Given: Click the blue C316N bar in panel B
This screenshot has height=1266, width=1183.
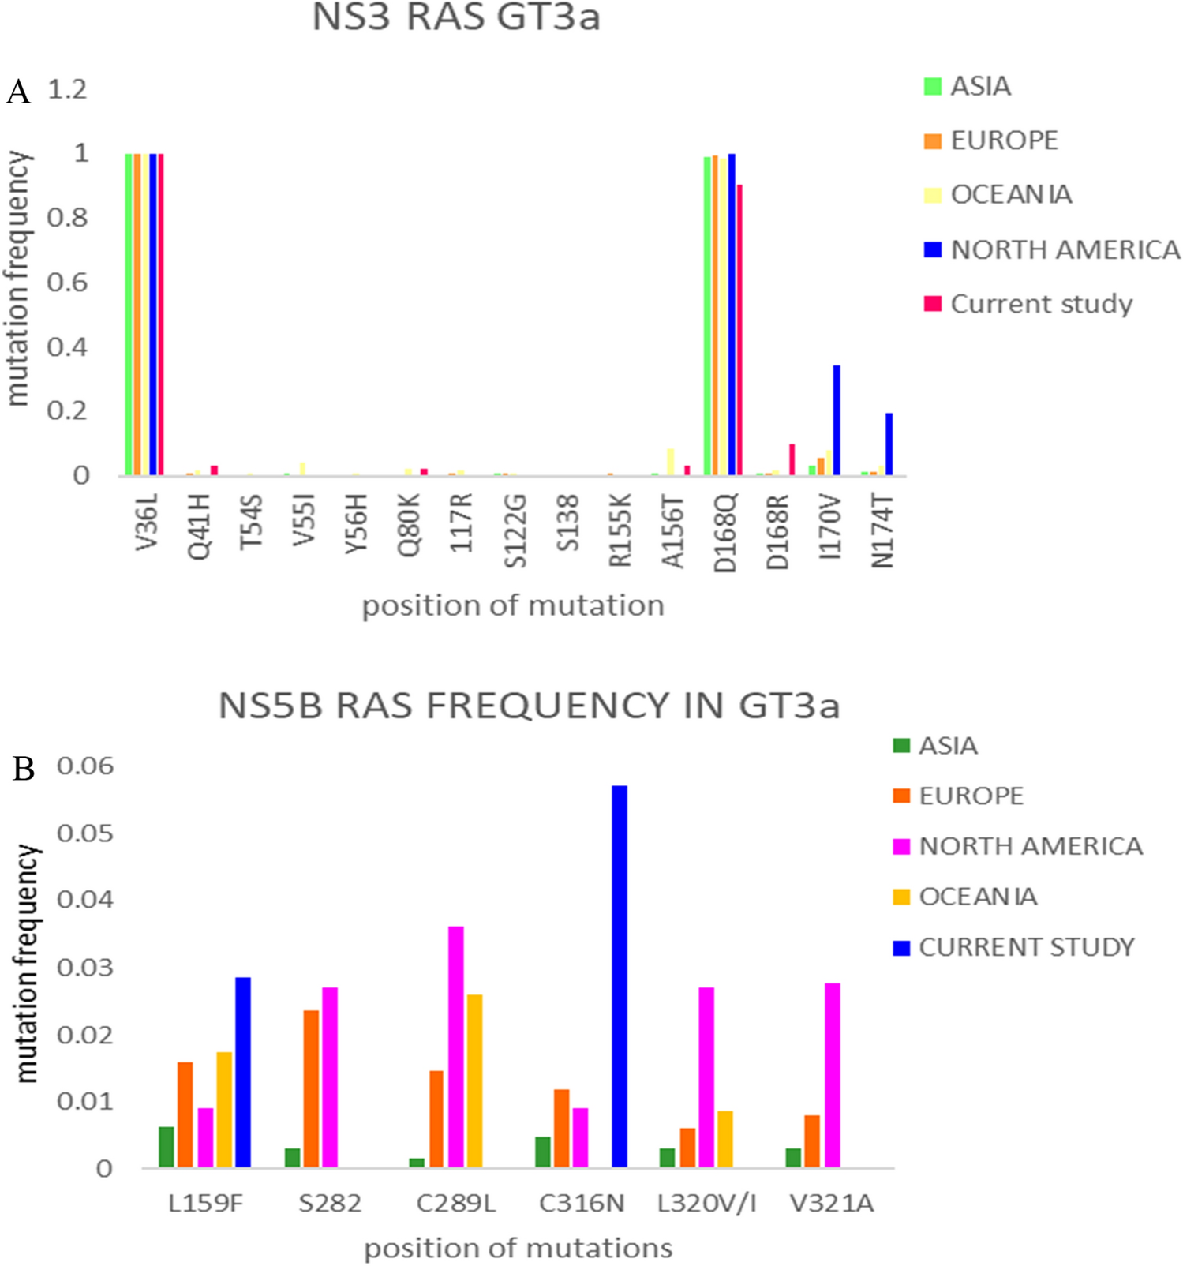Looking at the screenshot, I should click(x=619, y=976).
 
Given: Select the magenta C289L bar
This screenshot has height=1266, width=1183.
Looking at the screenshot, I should click(x=456, y=1047).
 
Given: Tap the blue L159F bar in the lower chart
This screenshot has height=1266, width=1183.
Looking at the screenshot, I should click(x=243, y=1072).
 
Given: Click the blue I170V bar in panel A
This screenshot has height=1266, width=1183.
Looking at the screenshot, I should click(x=837, y=420).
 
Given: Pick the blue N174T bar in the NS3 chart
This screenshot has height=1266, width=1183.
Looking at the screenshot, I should click(x=889, y=444).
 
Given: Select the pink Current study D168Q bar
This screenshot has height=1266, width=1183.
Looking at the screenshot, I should click(x=739, y=330).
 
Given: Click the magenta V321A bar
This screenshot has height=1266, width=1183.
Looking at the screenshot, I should click(x=832, y=1075).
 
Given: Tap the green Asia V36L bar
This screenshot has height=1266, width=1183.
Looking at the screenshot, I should click(x=129, y=314).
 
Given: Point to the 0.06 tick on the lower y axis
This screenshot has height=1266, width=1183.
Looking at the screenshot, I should click(x=85, y=766).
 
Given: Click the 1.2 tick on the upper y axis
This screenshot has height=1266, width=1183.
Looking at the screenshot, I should click(x=67, y=89).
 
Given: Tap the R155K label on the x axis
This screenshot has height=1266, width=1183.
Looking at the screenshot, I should click(x=620, y=530).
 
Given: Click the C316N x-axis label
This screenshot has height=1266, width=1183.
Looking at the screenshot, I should click(x=582, y=1204).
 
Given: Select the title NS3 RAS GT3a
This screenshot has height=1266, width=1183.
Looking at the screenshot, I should click(x=456, y=17).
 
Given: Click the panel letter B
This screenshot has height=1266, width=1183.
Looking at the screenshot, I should click(x=23, y=769).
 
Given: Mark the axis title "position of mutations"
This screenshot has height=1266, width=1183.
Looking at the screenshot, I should click(x=518, y=1249).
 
